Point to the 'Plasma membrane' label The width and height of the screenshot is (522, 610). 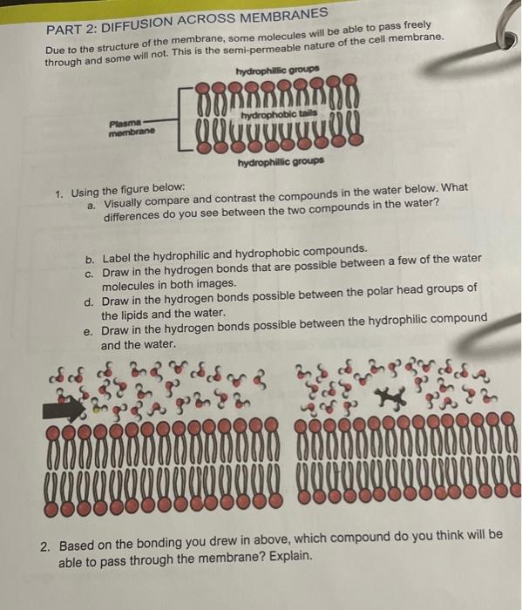[x=131, y=127]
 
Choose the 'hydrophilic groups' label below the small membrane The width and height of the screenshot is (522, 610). [x=280, y=162]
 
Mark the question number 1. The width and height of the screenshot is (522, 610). [x=58, y=189]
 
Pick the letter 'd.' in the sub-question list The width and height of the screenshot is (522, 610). [x=89, y=302]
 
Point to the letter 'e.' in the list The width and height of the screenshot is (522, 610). [x=88, y=331]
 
